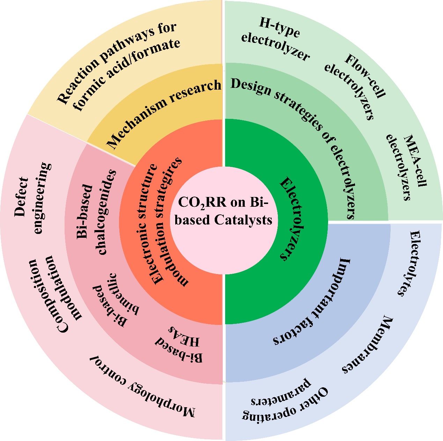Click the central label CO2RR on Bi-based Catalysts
click(x=223, y=211)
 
